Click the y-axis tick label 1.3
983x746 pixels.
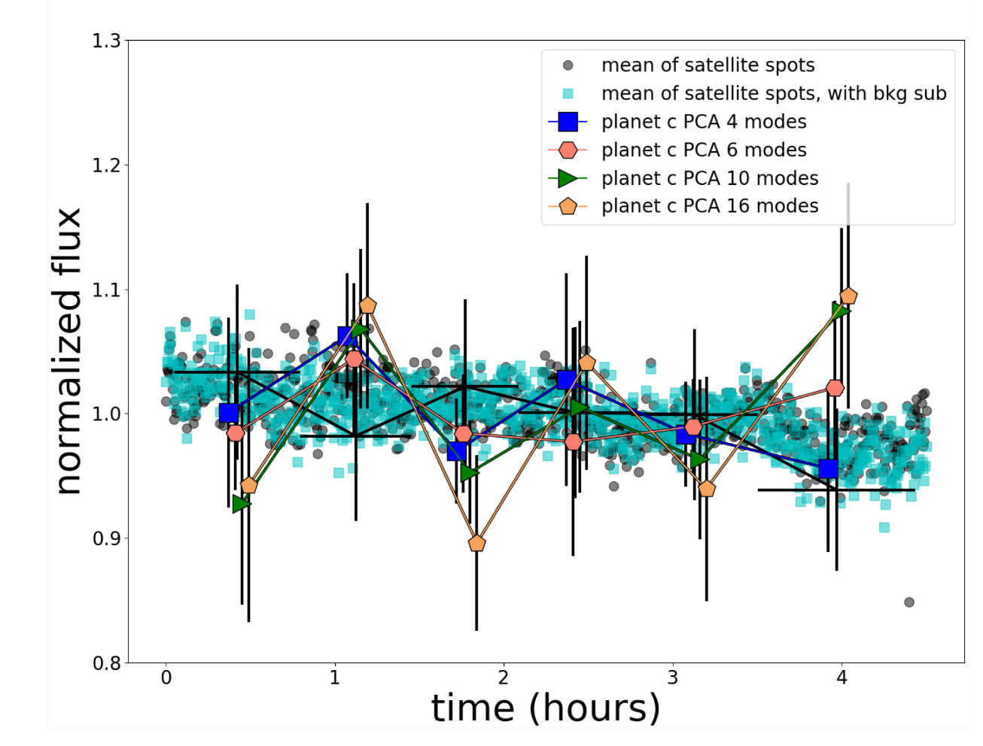pos(106,41)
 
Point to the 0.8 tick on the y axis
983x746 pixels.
pos(106,663)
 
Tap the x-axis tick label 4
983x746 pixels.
pos(841,678)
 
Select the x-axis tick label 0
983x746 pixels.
pos(166,678)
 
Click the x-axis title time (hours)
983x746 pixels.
pos(546,708)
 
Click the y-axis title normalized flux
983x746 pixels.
pos(68,351)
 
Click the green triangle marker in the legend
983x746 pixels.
pos(568,178)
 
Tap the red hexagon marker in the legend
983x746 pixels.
pos(568,150)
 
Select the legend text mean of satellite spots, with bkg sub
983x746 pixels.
pos(774,93)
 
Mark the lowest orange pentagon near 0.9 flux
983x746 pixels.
pos(476,543)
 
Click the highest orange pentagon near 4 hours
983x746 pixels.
pos(848,296)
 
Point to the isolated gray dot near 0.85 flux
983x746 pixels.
pos(909,602)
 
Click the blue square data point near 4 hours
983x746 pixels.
pos(828,469)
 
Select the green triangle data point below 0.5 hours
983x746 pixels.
pos(241,503)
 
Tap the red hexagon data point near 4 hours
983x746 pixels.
pos(835,388)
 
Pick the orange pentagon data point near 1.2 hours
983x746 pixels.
pos(367,305)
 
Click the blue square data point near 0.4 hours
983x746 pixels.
pos(229,413)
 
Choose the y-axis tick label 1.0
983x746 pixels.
pos(106,414)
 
